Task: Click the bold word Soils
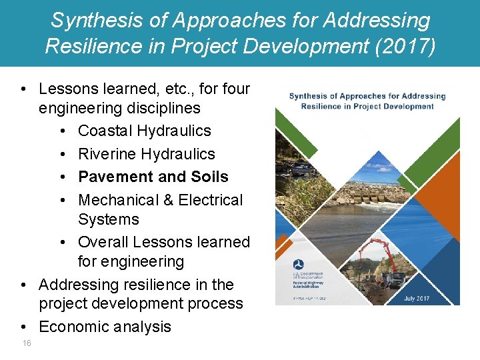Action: click(x=209, y=177)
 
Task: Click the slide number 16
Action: click(x=26, y=343)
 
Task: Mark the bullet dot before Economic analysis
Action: click(x=23, y=327)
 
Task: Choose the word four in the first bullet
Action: click(x=233, y=89)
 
